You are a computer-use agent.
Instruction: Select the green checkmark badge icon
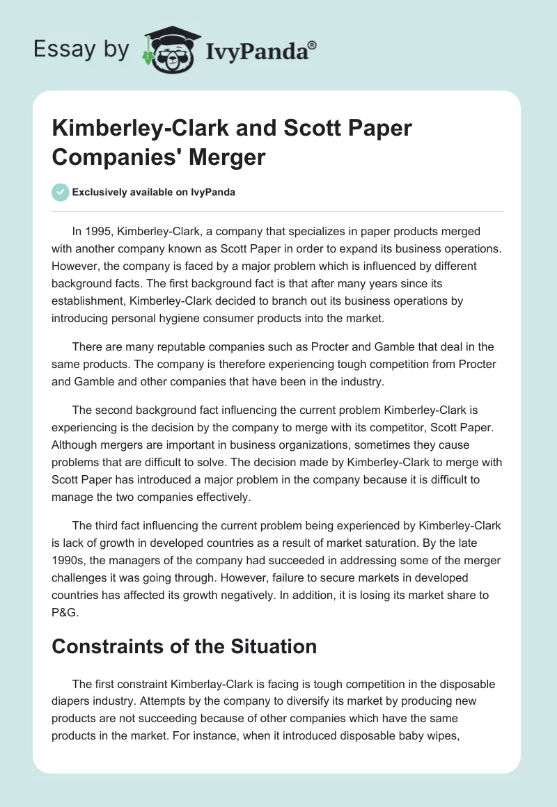click(x=61, y=192)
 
